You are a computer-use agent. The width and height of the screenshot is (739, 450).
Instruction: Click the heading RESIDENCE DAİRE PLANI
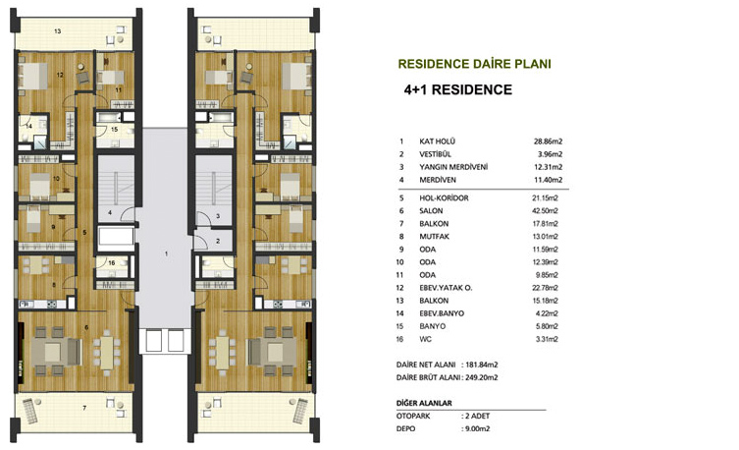click(475, 64)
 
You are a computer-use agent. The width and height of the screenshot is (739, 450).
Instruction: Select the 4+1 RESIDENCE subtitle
click(457, 90)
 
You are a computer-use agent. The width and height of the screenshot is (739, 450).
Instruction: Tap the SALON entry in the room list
click(431, 211)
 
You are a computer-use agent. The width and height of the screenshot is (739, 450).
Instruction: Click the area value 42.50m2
click(545, 211)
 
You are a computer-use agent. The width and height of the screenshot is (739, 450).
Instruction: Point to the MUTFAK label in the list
click(434, 237)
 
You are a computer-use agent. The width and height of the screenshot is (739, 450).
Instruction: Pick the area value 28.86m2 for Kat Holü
click(549, 141)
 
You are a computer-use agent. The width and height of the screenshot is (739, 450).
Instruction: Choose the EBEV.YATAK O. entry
click(446, 288)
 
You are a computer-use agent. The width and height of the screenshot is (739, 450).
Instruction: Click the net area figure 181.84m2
click(482, 365)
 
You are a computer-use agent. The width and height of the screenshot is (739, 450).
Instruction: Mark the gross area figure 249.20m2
click(482, 377)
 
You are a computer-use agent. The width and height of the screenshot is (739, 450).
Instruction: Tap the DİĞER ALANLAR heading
click(424, 403)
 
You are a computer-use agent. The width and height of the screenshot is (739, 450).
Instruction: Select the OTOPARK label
click(413, 416)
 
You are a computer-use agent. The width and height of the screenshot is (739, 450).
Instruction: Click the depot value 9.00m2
click(477, 428)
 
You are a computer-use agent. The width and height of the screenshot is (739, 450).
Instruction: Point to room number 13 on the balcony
click(58, 31)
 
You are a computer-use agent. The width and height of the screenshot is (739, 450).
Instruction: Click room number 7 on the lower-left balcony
click(84, 408)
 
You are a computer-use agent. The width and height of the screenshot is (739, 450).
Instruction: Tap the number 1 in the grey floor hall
click(167, 253)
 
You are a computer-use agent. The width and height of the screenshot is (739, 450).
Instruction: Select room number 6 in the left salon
click(86, 327)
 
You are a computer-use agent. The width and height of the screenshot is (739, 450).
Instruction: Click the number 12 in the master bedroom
click(60, 75)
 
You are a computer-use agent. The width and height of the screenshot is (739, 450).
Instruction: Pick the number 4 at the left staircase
click(110, 213)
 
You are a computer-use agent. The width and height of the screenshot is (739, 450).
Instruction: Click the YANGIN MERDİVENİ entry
click(453, 167)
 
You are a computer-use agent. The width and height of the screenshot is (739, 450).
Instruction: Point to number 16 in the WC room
click(112, 262)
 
